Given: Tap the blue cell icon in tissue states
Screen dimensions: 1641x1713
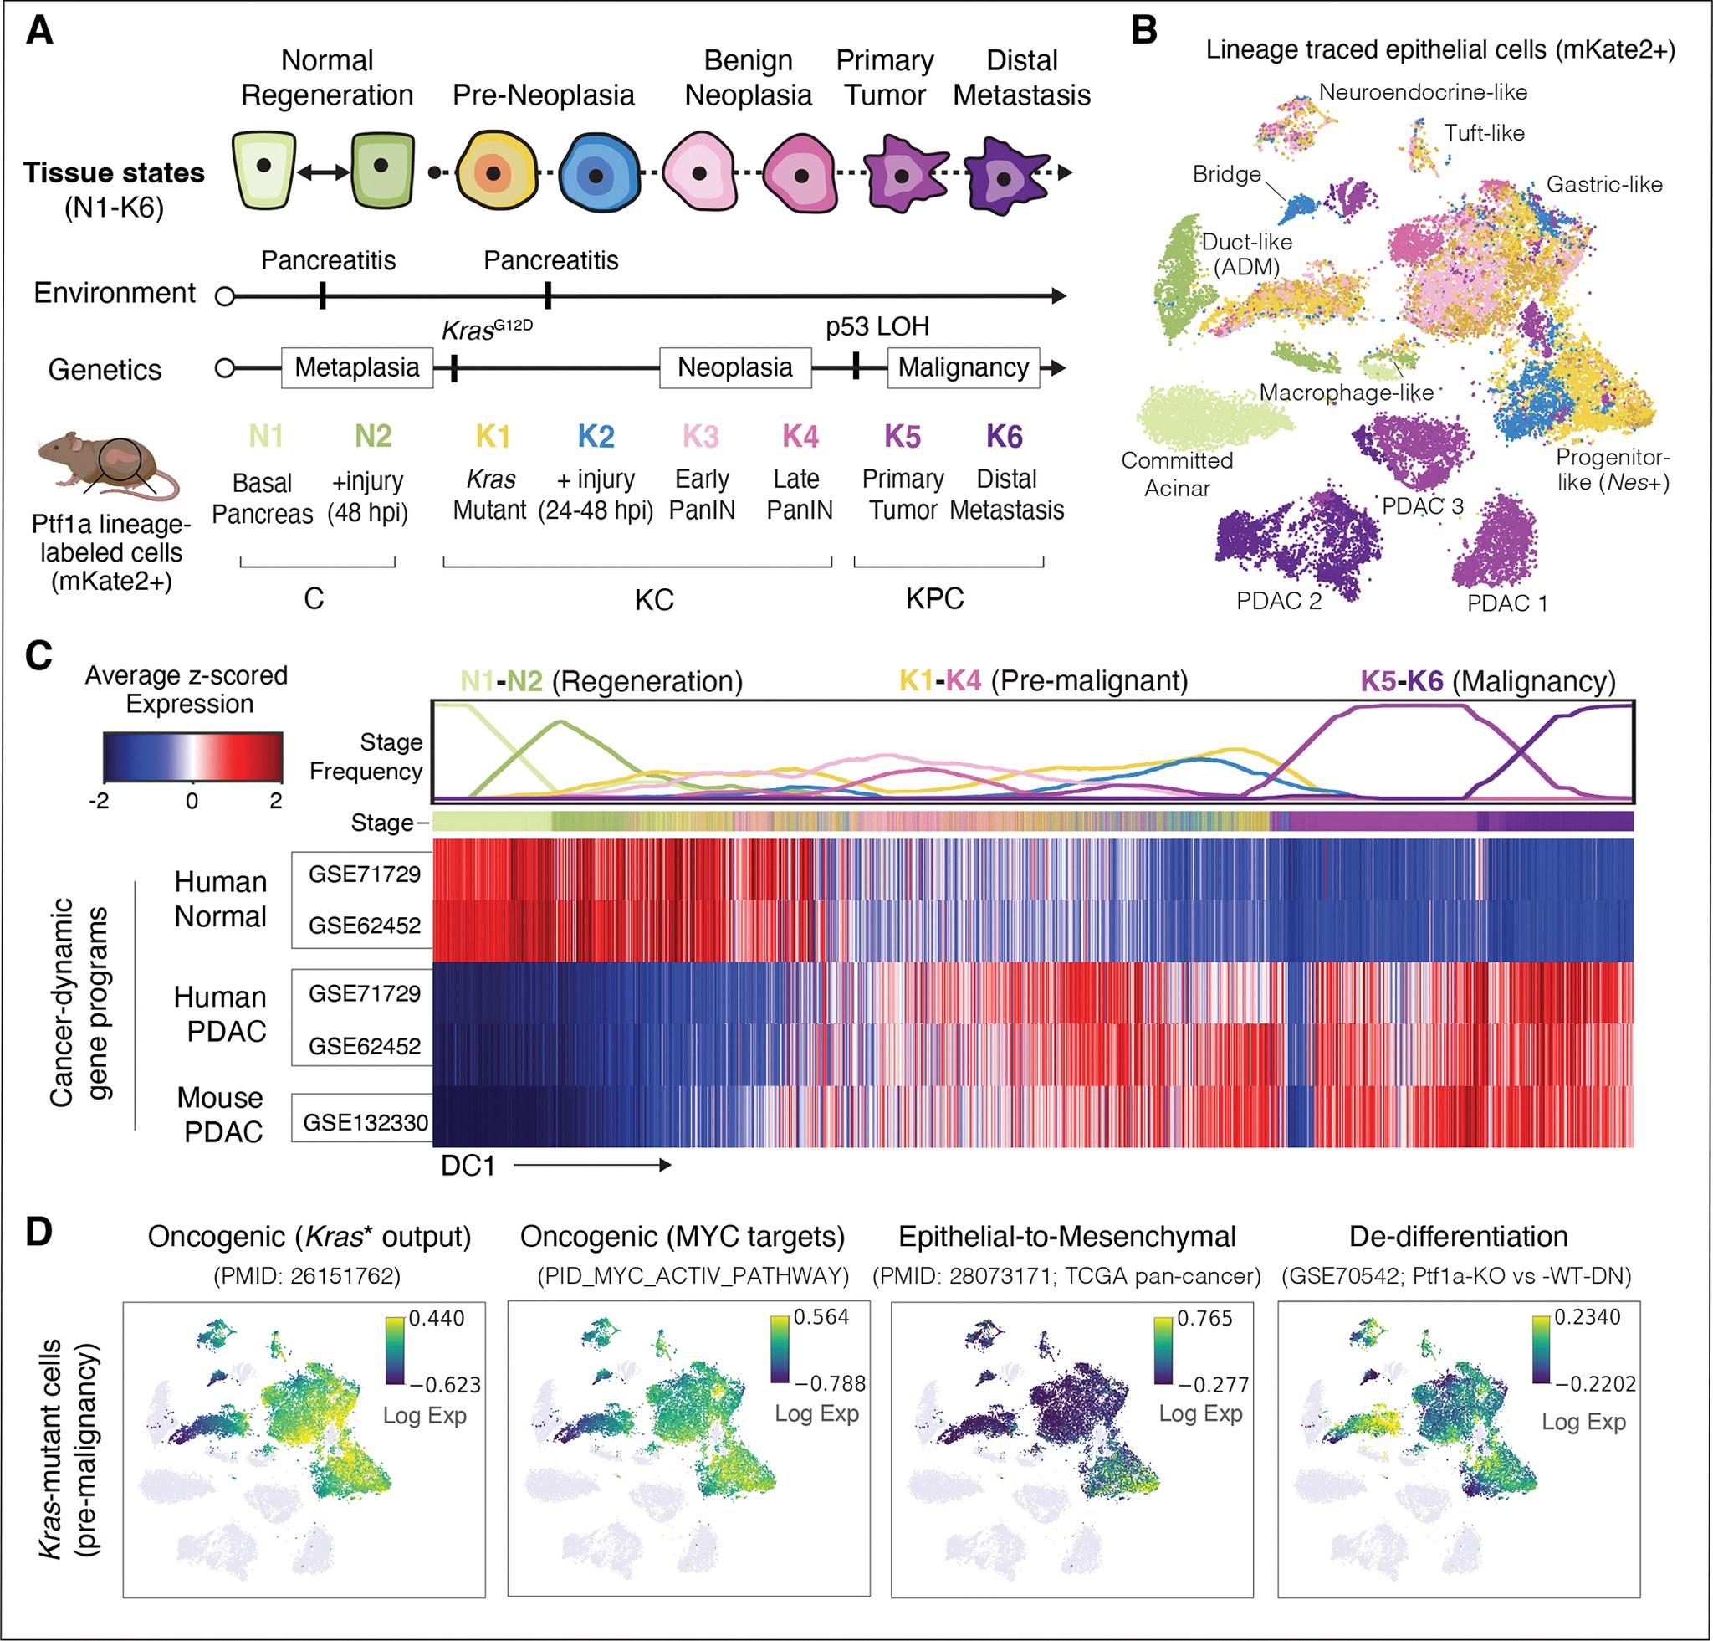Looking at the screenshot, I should (x=596, y=174).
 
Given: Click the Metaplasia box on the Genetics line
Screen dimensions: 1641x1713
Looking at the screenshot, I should (x=356, y=368).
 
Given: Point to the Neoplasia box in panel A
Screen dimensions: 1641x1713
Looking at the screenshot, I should (x=735, y=368).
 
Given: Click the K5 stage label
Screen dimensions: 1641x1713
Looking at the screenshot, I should (x=903, y=436).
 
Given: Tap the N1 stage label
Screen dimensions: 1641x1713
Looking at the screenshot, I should (x=266, y=436).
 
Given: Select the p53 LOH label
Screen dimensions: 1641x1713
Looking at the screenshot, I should (x=877, y=327).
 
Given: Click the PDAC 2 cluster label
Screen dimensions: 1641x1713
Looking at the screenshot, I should (x=1279, y=601).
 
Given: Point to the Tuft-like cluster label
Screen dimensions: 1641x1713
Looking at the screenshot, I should (x=1484, y=134).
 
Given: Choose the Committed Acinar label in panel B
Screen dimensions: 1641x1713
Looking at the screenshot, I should (x=1176, y=474).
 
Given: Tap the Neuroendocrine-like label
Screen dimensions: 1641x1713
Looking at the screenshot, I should (x=1423, y=92).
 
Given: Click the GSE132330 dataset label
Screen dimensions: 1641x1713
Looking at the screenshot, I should (x=366, y=1122).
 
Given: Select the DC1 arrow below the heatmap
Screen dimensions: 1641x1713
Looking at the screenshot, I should (x=591, y=1165).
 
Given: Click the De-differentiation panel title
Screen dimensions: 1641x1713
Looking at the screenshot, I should (x=1458, y=1236).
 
